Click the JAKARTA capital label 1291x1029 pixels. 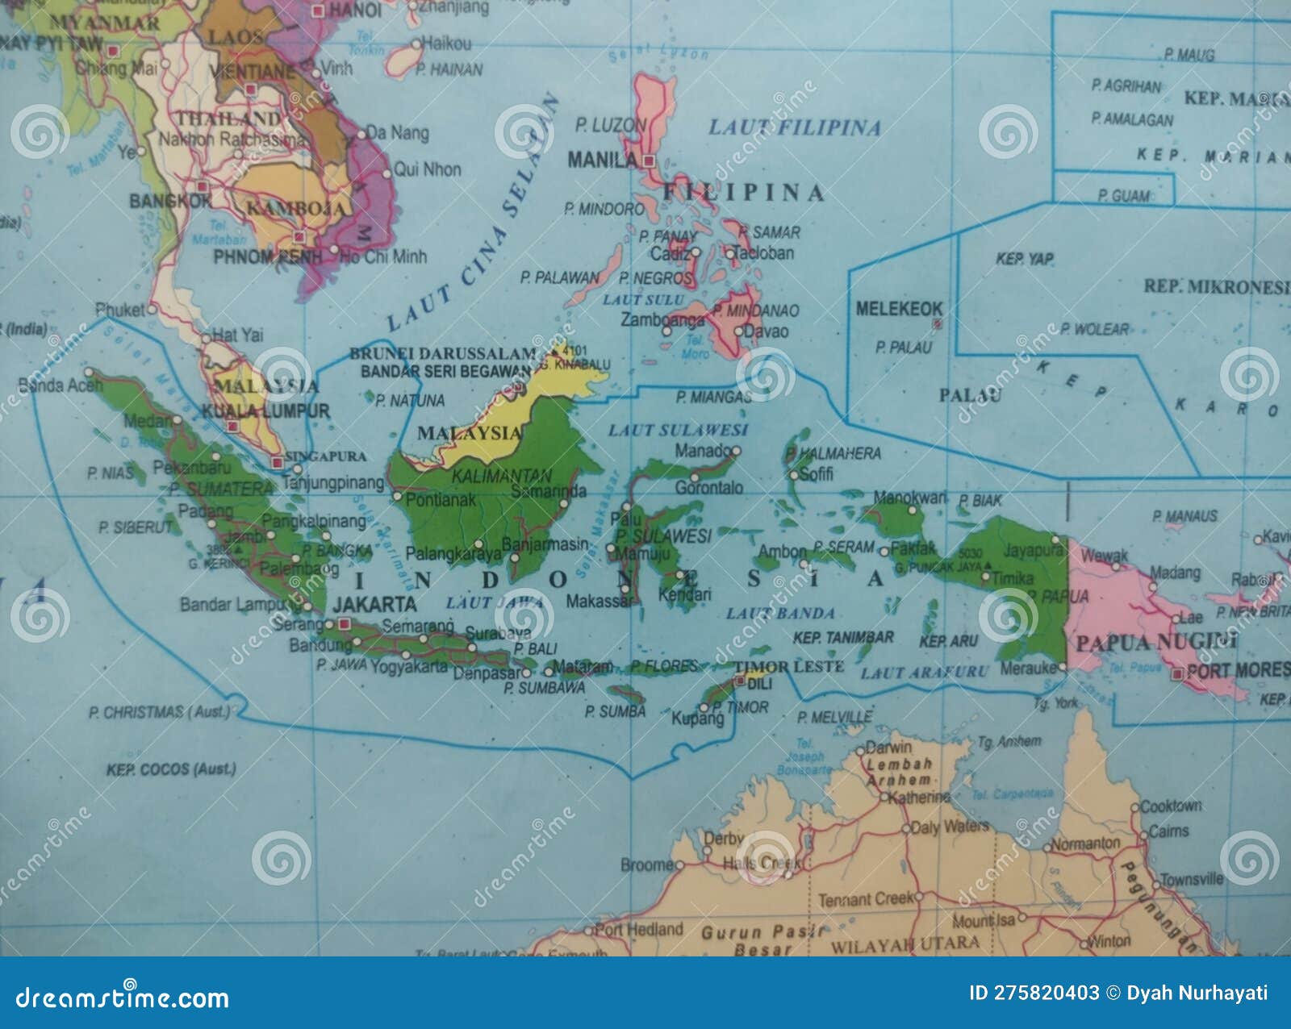pyautogui.click(x=374, y=604)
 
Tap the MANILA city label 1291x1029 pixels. pyautogui.click(x=603, y=160)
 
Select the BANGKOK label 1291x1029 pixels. pyautogui.click(x=170, y=200)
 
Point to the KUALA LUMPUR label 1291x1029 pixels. pyautogui.click(x=265, y=411)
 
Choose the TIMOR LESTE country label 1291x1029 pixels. pyautogui.click(x=788, y=666)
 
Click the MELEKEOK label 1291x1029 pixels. pyautogui.click(x=899, y=309)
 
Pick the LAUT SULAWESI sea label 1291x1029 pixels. pyautogui.click(x=678, y=430)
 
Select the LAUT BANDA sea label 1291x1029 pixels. pyautogui.click(x=779, y=613)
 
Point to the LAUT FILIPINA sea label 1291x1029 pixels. pyautogui.click(x=794, y=127)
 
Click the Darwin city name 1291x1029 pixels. pyautogui.click(x=888, y=747)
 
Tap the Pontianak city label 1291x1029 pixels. pyautogui.click(x=441, y=500)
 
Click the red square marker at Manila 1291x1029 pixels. pyautogui.click(x=649, y=160)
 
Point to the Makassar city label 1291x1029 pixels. pyautogui.click(x=598, y=601)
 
